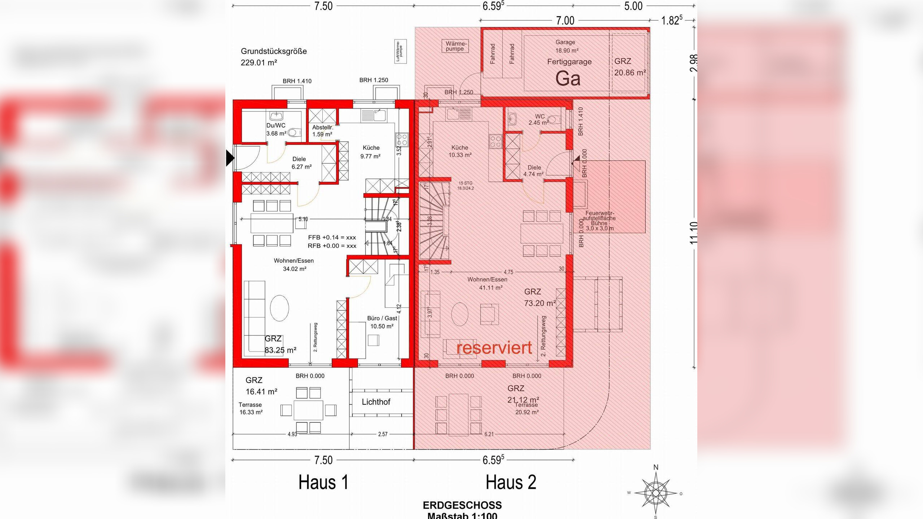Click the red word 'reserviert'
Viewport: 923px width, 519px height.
pos(494,348)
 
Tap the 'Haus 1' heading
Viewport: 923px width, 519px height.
pos(323,482)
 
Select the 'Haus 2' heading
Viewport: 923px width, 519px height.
pos(511,482)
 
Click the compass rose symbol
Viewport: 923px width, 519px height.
pos(655,492)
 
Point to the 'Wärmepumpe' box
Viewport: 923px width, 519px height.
pos(455,46)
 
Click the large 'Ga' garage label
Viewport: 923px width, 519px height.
pos(568,79)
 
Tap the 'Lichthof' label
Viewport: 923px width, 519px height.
pos(376,402)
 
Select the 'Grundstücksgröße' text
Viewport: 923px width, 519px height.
pos(274,51)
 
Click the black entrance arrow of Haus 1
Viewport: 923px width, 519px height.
pos(230,158)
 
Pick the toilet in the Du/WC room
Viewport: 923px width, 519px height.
pos(294,133)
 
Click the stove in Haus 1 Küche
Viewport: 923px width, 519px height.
pos(402,139)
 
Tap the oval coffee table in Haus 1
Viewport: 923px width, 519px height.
pos(279,308)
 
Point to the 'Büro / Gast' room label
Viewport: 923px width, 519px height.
pos(382,322)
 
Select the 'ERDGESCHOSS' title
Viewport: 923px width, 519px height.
pos(462,505)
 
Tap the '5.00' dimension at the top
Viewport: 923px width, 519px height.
pos(633,6)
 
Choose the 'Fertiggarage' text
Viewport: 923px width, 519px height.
pos(569,62)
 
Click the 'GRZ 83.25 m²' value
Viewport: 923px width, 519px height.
pos(280,350)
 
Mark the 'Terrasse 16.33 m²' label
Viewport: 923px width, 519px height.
pos(251,408)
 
